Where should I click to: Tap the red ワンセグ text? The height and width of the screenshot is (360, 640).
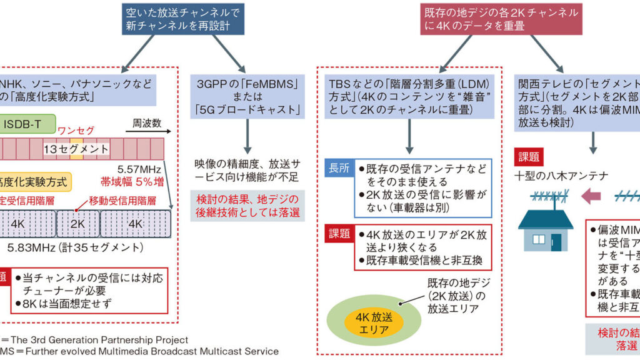pyautogui.click(x=76, y=131)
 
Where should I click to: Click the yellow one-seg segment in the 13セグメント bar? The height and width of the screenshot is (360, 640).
pyautogui.click(x=76, y=149)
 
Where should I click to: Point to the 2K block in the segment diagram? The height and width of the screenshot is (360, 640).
pyautogui.click(x=78, y=224)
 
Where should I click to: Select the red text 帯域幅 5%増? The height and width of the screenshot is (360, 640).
pyautogui.click(x=135, y=182)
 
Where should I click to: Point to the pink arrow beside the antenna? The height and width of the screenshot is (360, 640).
pyautogui.click(x=590, y=197)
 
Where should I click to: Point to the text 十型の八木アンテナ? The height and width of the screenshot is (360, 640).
pyautogui.click(x=561, y=176)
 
